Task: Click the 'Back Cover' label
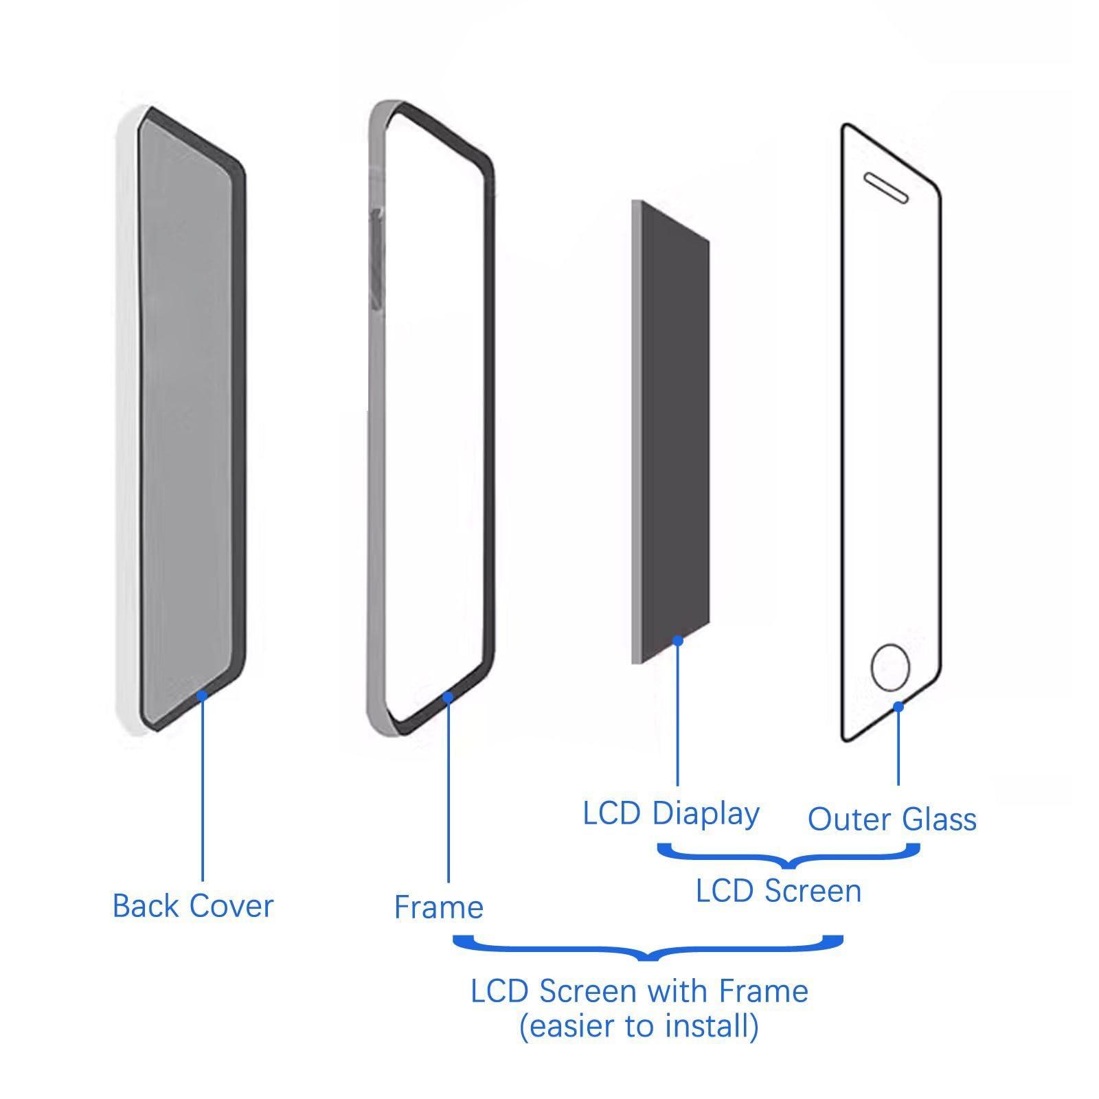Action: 192,906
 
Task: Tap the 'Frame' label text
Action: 438,907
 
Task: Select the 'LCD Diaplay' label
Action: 671,814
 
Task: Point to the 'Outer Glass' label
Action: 892,819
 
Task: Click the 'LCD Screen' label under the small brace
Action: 778,891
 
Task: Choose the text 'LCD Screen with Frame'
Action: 639,990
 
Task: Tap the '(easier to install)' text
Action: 639,1026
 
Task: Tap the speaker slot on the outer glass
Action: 886,188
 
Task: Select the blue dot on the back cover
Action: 202,696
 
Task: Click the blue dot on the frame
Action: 448,697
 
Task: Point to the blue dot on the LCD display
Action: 677,641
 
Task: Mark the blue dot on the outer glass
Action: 898,706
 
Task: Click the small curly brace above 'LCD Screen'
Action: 788,857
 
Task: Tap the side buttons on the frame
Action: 375,254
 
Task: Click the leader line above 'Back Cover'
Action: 203,790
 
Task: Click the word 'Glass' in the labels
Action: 939,819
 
